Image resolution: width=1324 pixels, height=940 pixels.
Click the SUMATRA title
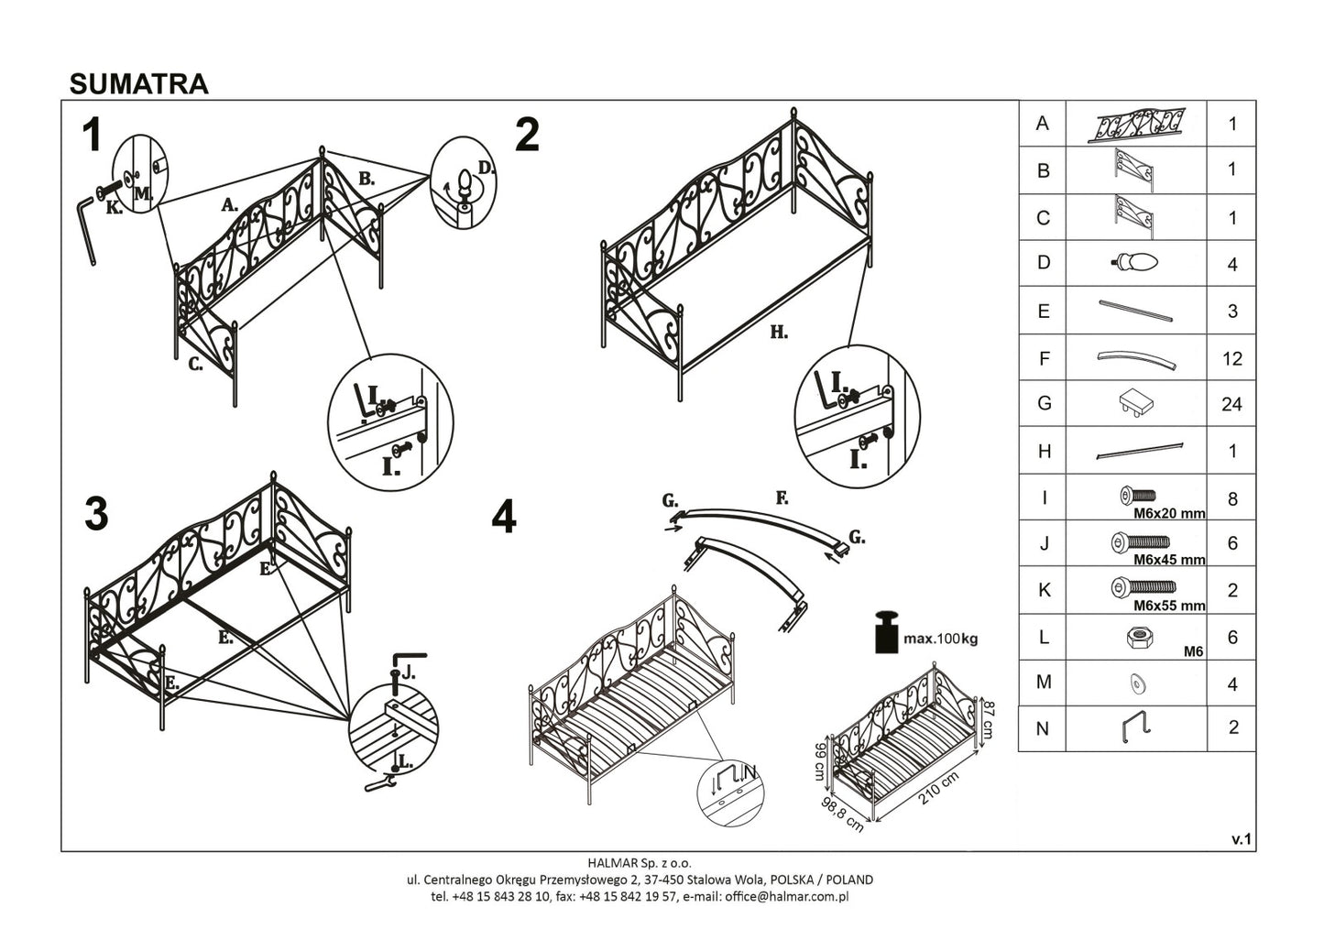point(139,83)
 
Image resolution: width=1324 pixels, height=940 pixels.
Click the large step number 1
point(92,137)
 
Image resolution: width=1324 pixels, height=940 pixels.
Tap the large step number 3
point(95,515)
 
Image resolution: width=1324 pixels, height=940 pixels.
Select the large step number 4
point(504,519)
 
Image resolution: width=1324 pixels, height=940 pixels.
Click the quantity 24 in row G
point(1231,404)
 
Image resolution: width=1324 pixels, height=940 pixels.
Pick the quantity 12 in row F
point(1231,358)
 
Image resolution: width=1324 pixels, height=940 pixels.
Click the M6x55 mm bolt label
point(1169,606)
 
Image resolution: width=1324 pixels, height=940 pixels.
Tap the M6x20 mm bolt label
point(1169,513)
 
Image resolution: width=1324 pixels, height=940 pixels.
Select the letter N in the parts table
point(1042,728)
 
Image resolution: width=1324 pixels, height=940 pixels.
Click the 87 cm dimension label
point(988,718)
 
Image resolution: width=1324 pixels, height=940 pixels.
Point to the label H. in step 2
point(778,333)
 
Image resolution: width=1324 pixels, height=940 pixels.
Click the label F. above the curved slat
point(782,498)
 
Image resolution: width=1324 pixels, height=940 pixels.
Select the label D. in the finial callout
point(486,168)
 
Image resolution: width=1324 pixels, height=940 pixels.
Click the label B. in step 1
point(367,179)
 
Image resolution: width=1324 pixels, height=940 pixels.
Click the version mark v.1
point(1241,838)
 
